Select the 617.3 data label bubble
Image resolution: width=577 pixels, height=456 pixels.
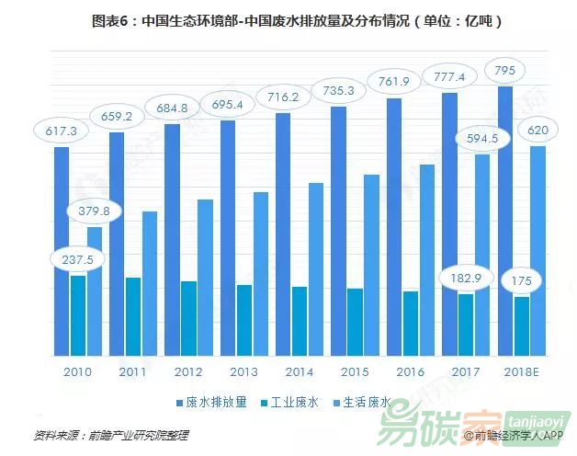tap(61, 131)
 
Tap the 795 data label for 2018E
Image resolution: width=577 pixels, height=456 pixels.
tap(505, 70)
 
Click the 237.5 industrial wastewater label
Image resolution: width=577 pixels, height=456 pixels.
tap(78, 259)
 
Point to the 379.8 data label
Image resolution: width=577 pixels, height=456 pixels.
tap(94, 211)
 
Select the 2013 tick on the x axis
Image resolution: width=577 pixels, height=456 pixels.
tap(243, 372)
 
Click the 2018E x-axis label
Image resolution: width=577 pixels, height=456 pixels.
tap(522, 372)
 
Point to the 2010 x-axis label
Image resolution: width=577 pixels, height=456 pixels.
tap(78, 372)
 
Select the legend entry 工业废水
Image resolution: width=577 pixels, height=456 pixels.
tap(293, 402)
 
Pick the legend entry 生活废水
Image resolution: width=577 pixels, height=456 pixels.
tap(366, 402)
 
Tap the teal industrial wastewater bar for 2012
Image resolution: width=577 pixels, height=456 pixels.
tap(187, 318)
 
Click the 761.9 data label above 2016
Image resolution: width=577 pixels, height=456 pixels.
tap(394, 81)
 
